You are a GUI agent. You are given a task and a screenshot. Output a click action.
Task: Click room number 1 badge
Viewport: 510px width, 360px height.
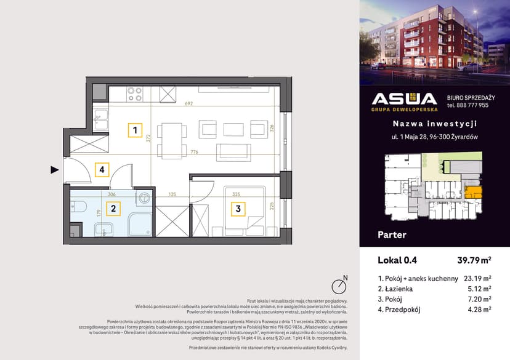click(134, 130)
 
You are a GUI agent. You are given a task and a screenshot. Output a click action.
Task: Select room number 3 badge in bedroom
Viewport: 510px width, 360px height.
click(238, 209)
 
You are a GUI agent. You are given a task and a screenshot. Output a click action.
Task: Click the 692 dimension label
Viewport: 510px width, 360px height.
click(188, 104)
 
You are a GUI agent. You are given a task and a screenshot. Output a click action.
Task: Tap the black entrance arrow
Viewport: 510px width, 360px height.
click(55, 169)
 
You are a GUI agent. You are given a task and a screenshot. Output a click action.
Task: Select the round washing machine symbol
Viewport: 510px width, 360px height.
click(145, 198)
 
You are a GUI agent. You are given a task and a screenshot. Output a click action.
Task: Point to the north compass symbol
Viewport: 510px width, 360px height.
click(338, 286)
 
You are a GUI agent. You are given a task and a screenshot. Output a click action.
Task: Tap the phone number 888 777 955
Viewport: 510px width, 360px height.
click(468, 105)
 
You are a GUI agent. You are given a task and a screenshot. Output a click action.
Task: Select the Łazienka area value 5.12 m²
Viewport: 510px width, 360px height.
click(478, 288)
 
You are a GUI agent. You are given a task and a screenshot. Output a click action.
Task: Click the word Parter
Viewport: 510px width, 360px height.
click(391, 234)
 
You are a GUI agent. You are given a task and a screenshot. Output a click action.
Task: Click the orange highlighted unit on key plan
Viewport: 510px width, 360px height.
click(472, 193)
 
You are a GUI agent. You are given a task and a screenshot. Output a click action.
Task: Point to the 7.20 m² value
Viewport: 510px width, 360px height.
click(478, 298)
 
